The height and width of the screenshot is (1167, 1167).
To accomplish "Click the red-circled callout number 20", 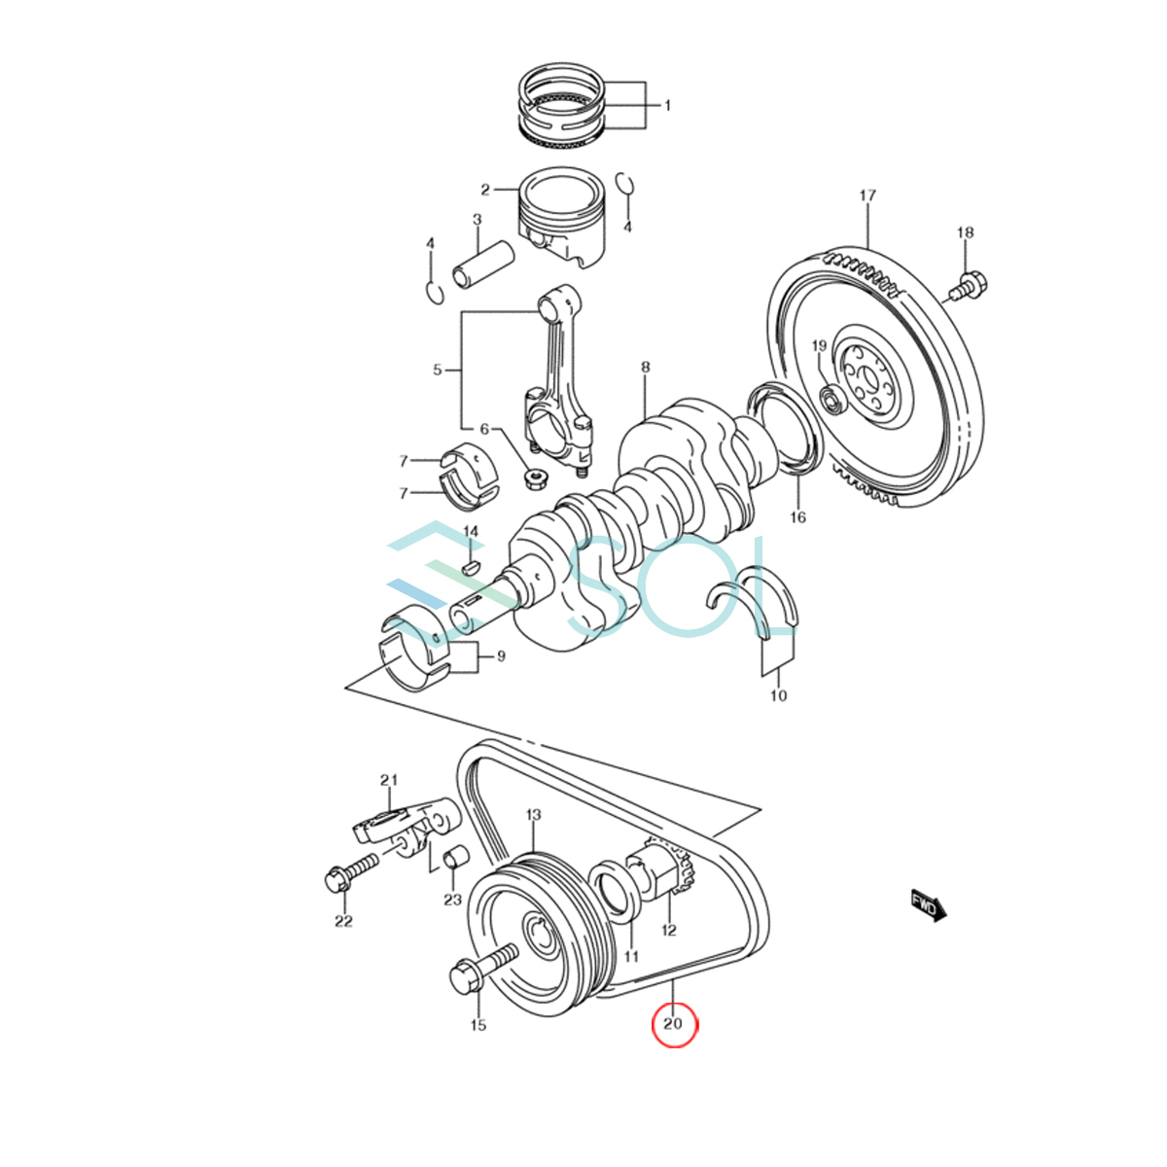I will click(673, 1023).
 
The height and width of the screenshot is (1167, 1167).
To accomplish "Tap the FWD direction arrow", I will click(928, 904).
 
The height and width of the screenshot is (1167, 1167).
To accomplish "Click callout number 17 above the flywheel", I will click(867, 195).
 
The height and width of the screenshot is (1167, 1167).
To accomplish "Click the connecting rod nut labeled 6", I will click(533, 477).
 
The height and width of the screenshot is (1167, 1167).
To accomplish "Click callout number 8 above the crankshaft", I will click(645, 367).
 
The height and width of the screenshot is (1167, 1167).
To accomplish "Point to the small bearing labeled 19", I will click(831, 399).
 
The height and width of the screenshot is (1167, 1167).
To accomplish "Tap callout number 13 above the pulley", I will click(533, 814).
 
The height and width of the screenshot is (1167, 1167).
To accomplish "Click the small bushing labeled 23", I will click(453, 862).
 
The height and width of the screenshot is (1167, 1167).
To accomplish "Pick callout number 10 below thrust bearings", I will click(778, 695).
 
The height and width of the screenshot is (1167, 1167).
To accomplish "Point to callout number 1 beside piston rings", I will click(667, 105).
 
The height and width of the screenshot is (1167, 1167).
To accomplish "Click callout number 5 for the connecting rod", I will click(438, 370).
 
